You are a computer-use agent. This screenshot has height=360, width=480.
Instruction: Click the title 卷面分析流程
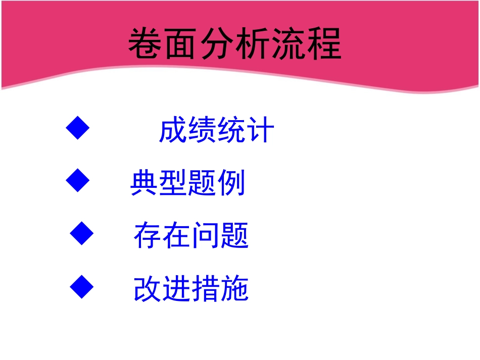pyautogui.click(x=235, y=44)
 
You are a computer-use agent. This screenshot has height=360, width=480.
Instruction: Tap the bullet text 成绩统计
pyautogui.click(x=217, y=130)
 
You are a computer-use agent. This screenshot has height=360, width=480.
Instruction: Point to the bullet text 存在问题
pyautogui.click(x=191, y=236)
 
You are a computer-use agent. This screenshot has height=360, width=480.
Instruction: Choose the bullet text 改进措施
pyautogui.click(x=191, y=289)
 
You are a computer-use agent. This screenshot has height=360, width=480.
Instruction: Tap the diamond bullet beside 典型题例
pyautogui.click(x=78, y=181)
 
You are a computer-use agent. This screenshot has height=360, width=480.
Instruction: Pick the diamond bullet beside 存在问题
pyautogui.click(x=82, y=233)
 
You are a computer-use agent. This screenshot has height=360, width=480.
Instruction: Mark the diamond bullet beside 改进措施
pyautogui.click(x=82, y=287)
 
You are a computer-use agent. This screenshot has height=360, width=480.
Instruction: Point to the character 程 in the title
pyautogui.click(x=324, y=44)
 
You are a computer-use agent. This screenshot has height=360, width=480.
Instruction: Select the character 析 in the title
pyautogui.click(x=253, y=44)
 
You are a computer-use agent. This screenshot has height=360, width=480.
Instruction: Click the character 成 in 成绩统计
pyautogui.click(x=173, y=130)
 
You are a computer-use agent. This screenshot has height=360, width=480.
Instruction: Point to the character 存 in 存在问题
pyautogui.click(x=149, y=236)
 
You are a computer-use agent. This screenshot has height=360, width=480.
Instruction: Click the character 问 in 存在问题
pyautogui.click(x=206, y=236)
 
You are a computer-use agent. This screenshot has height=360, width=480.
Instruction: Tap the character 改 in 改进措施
pyautogui.click(x=149, y=289)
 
